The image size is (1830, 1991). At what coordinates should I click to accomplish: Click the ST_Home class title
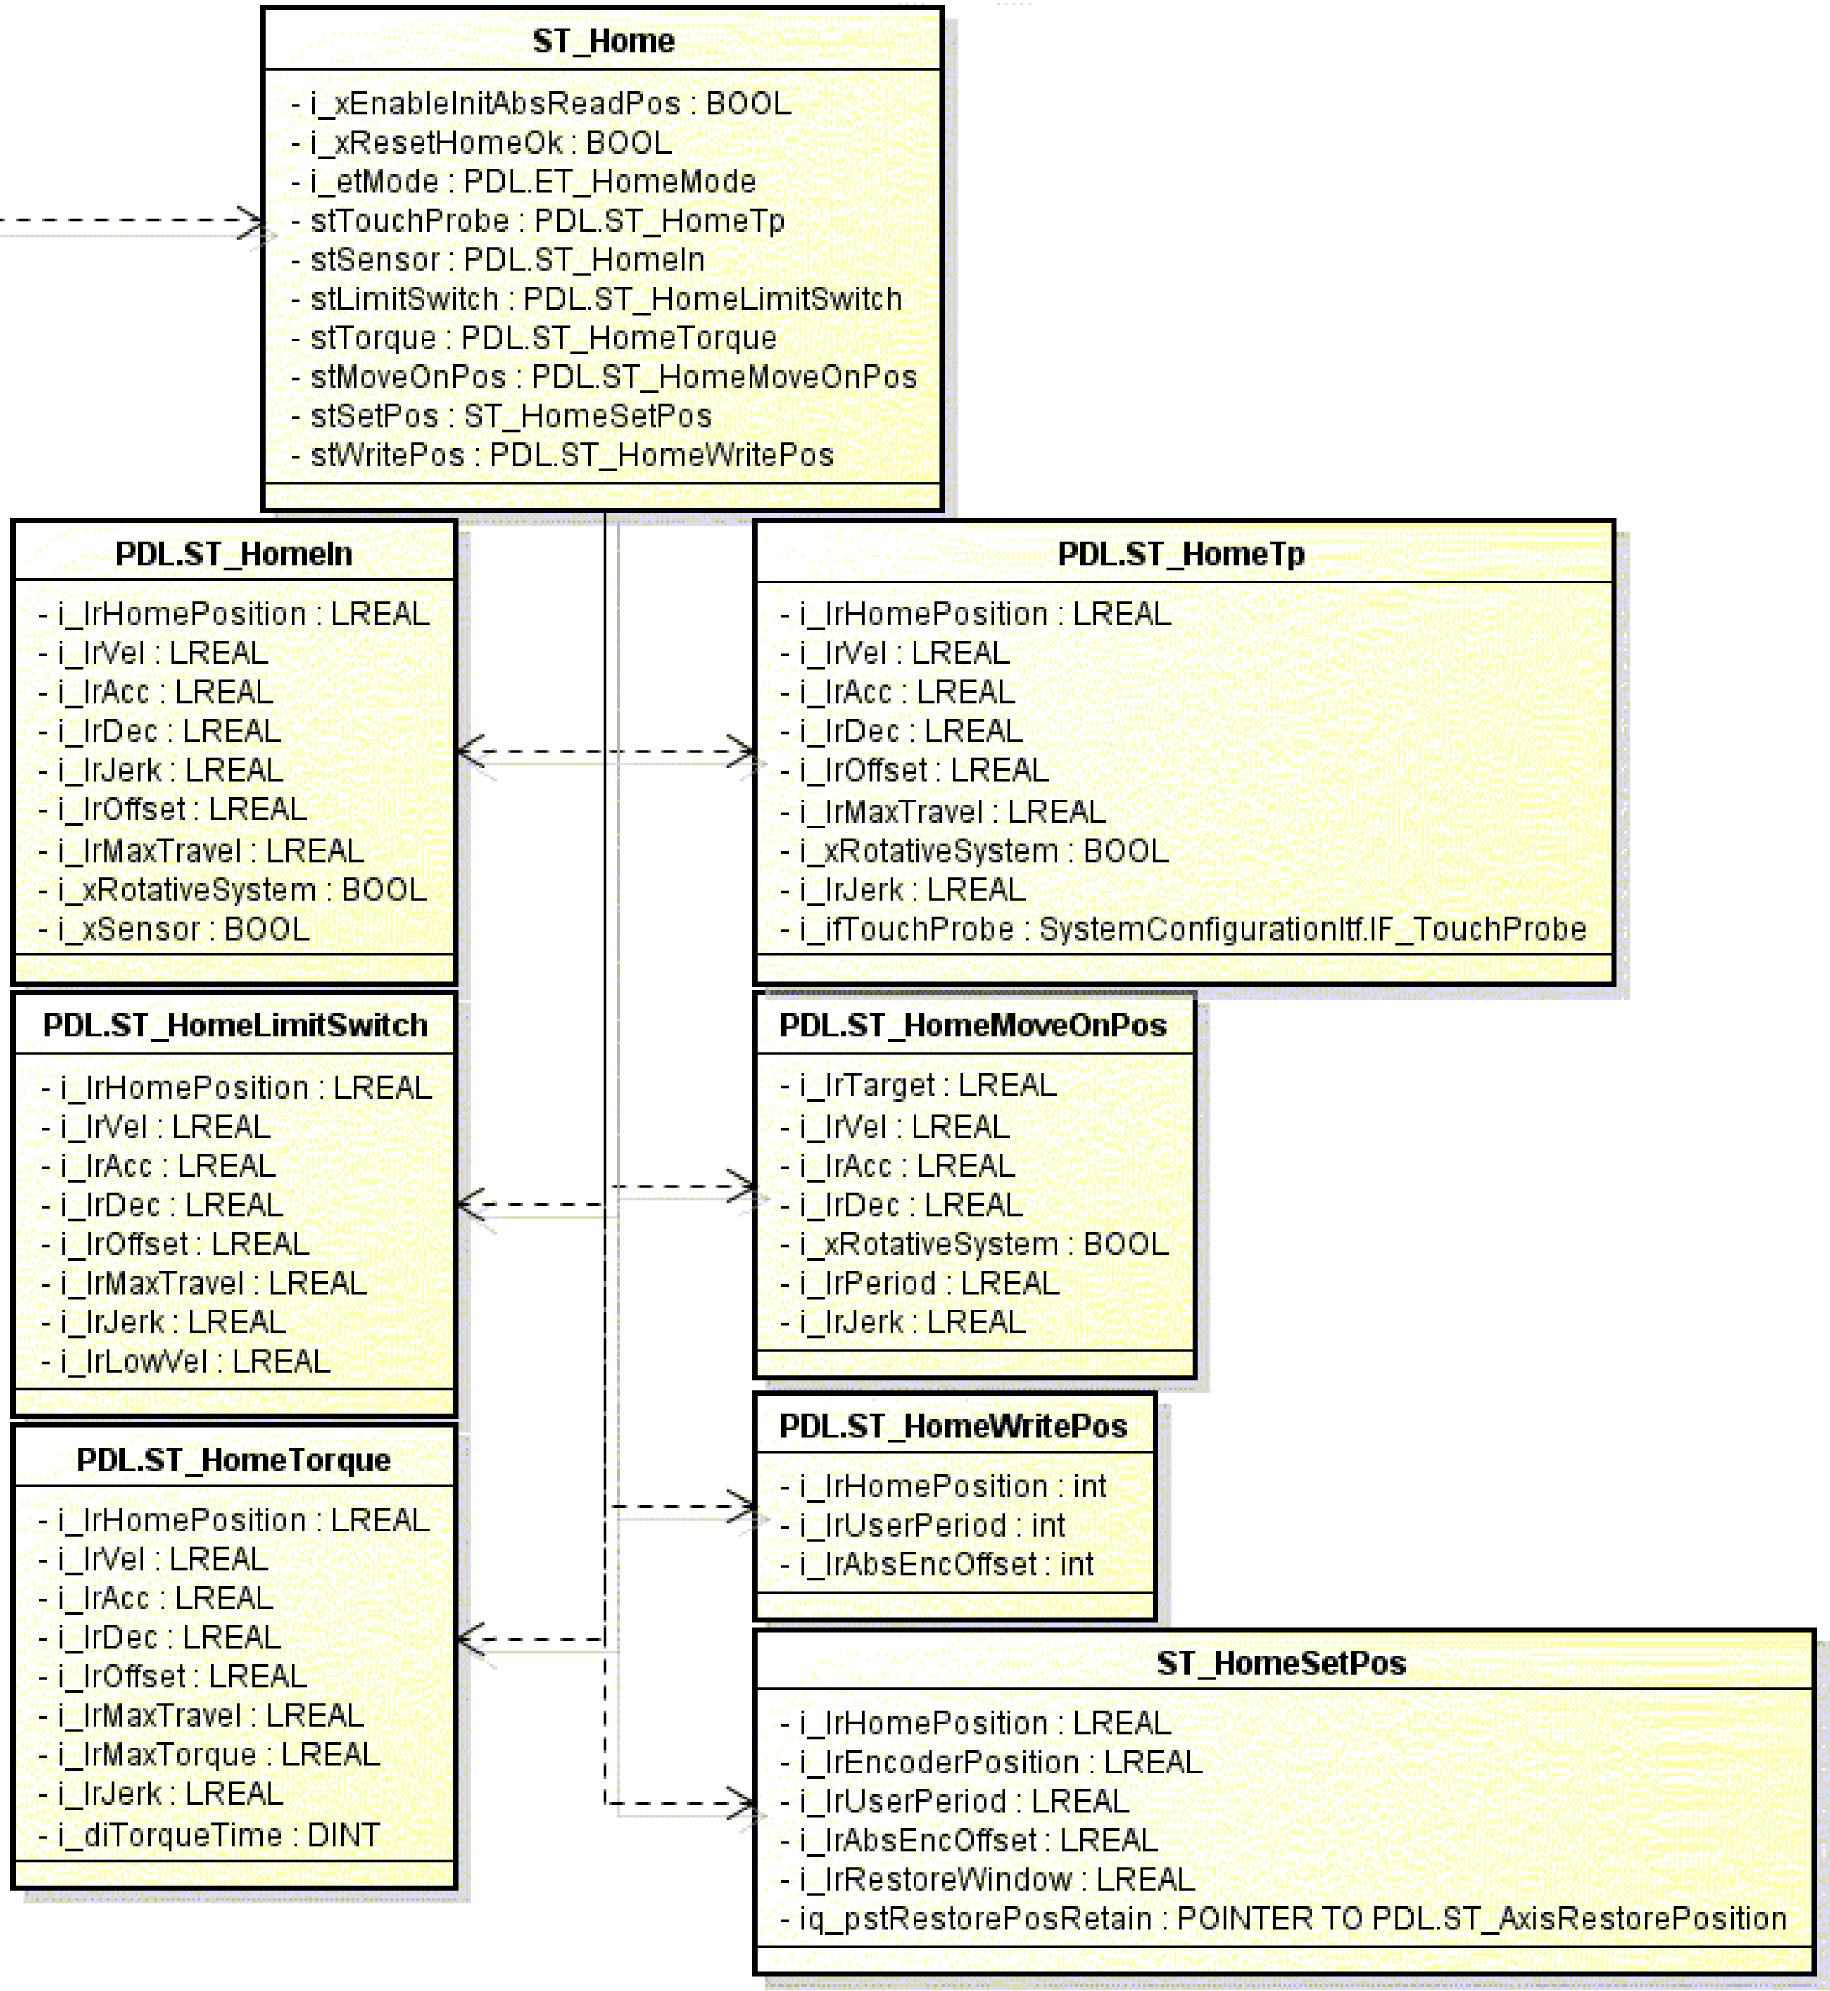pos(603,42)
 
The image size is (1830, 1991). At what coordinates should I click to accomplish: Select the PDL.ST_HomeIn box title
pos(234,554)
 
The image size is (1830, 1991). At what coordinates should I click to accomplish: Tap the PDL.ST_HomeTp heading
pos(1181,554)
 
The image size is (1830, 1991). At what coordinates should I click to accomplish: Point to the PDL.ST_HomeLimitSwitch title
pos(235,1025)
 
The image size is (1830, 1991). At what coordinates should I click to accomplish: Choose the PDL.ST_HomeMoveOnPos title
pos(972,1025)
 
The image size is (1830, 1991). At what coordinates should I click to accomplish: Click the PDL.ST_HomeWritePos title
pos(953,1426)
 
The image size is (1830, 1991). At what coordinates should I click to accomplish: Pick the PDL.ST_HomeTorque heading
pos(234,1460)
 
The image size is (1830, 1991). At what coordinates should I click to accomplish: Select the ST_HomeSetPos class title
pos(1282,1663)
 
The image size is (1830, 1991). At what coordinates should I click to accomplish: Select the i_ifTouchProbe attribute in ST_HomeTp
pos(1193,929)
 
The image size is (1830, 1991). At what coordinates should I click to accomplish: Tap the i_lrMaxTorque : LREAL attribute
pos(219,1755)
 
